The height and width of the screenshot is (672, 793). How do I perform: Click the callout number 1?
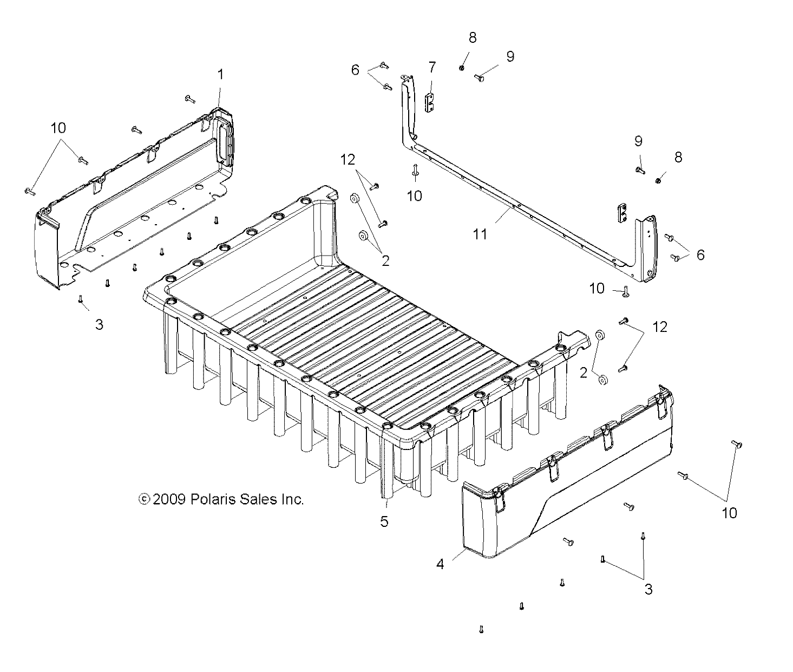220,74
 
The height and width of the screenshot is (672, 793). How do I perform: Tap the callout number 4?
440,564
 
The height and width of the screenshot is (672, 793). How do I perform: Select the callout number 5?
384,521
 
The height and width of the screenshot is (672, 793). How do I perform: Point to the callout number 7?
431,68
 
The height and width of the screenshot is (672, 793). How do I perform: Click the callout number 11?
480,234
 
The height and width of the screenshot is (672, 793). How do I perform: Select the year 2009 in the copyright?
170,499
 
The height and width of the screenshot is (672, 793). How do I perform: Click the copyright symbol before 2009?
144,499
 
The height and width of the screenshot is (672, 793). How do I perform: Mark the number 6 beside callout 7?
355,70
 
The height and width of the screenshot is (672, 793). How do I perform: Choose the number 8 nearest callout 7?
473,37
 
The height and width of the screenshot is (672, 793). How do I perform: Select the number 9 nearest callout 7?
510,56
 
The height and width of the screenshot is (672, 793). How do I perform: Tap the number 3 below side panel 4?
648,590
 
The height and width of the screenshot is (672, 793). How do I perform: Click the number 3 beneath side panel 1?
99,324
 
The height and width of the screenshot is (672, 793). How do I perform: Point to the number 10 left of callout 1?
58,128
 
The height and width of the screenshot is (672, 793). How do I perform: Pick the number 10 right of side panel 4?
730,513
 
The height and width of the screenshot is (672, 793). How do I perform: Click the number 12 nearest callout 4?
660,327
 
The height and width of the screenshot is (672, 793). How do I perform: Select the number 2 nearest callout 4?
584,373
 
